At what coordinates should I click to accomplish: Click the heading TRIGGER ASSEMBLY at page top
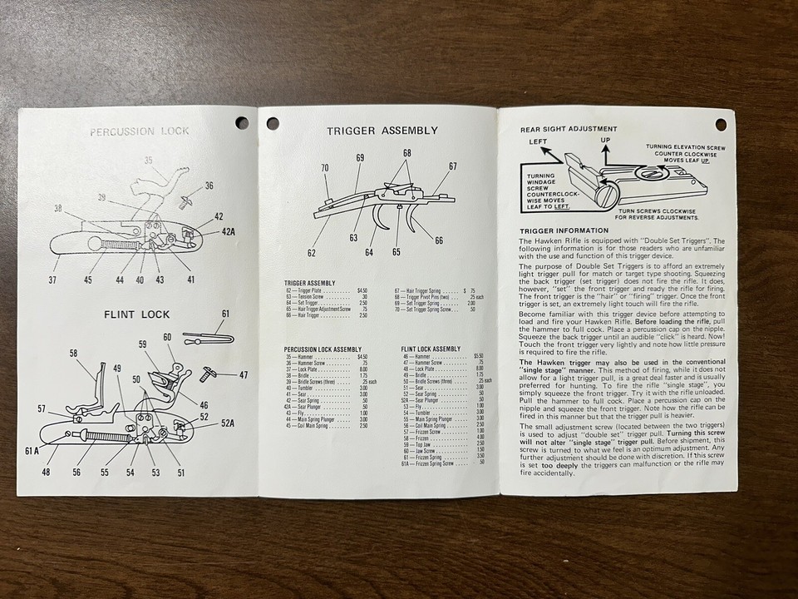click(382, 131)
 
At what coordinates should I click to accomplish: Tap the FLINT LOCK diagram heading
click(137, 314)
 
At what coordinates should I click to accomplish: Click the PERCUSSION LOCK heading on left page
click(140, 131)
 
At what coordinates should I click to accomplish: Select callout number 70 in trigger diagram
click(325, 167)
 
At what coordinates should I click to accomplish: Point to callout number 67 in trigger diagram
click(452, 166)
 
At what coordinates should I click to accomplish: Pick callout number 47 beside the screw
click(243, 375)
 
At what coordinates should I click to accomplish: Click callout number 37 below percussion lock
click(52, 280)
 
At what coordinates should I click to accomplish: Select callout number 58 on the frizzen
click(73, 354)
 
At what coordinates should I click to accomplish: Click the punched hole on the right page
click(720, 125)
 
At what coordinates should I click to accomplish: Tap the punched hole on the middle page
click(272, 124)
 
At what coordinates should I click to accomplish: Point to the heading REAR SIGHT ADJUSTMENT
click(569, 129)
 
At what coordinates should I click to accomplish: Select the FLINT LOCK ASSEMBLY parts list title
click(431, 348)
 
